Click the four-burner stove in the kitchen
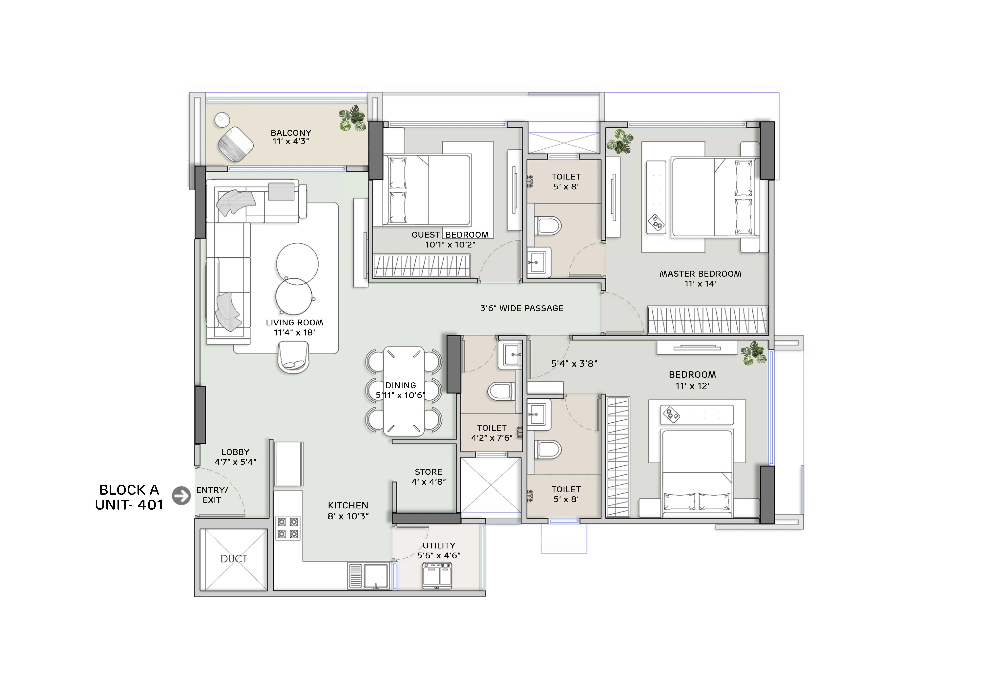tap(288, 528)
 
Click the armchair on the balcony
tap(235, 144)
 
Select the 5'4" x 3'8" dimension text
tap(574, 364)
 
